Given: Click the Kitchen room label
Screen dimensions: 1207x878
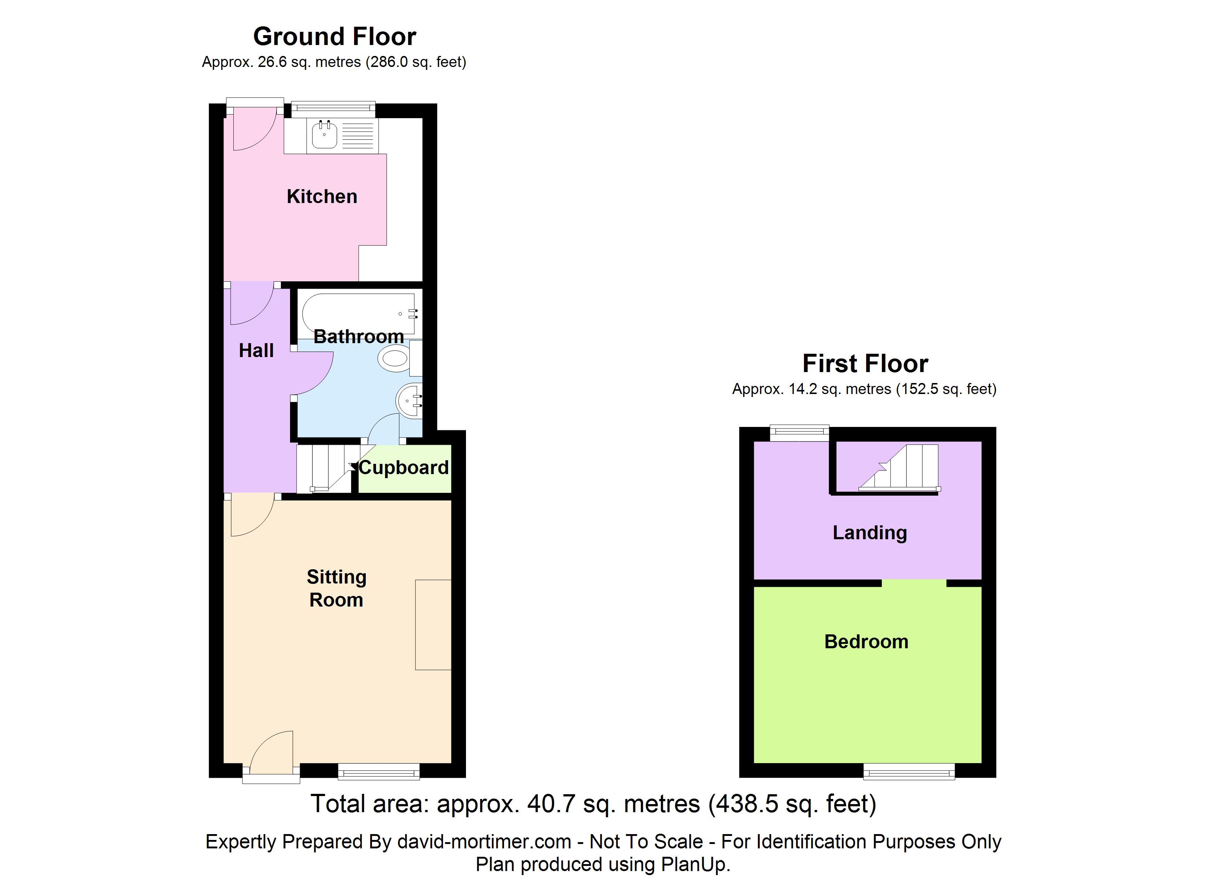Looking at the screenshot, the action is (322, 196).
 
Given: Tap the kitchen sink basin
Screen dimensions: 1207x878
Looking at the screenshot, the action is (324, 135).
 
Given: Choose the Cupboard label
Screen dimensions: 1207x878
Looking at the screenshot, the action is (404, 468).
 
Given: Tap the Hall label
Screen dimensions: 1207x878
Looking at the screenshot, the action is (256, 350).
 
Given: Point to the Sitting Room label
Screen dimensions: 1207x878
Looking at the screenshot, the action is (336, 588).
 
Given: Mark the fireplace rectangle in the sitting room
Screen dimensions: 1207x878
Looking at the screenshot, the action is (433, 624).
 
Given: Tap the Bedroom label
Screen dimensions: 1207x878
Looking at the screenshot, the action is (866, 642).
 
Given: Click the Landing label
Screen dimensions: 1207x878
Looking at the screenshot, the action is (870, 532).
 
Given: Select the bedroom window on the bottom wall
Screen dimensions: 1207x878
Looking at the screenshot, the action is (909, 772).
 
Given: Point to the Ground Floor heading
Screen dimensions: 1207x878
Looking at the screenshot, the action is (335, 37).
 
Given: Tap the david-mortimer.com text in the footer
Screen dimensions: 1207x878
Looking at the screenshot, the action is (484, 842).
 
